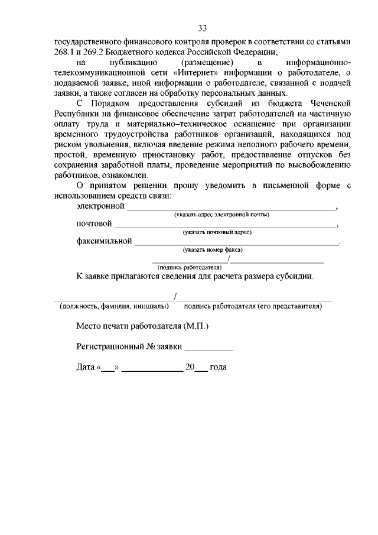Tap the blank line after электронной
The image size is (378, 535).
click(230, 207)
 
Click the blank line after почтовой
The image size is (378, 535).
click(224, 225)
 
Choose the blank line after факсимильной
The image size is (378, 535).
click(236, 242)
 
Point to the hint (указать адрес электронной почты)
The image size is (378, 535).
click(221, 215)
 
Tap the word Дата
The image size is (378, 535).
click(86, 367)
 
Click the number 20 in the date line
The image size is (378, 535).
click(190, 367)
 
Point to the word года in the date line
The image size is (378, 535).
click(219, 367)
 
